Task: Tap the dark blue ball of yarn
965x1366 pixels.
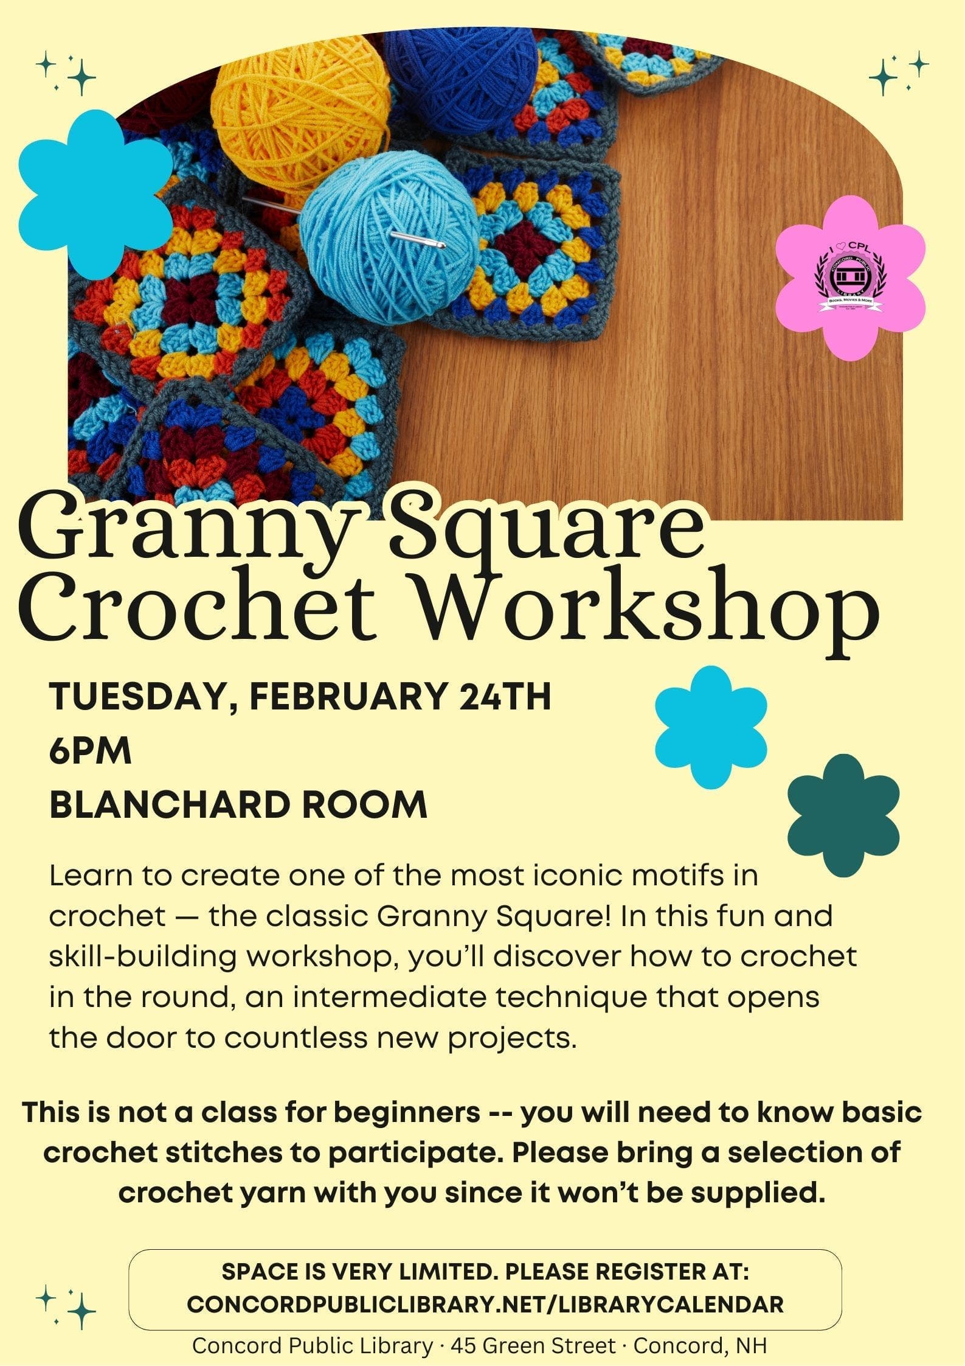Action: [460, 76]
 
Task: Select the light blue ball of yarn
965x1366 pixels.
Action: [389, 237]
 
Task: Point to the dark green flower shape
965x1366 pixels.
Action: [843, 815]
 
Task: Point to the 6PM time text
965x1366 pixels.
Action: [91, 751]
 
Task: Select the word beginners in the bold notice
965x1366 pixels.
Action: [407, 1113]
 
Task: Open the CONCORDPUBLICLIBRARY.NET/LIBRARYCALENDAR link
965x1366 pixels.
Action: [485, 1304]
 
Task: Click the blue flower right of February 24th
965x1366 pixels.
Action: [711, 727]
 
